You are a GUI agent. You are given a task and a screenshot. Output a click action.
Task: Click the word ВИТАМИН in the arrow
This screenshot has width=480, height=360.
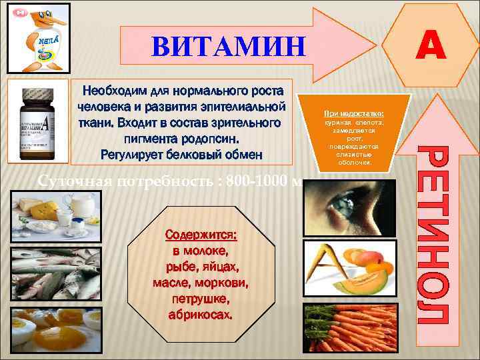228,47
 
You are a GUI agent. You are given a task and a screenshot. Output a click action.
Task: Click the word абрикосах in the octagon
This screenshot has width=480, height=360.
200,314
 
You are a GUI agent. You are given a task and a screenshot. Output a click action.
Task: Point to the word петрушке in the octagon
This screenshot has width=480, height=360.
200,298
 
